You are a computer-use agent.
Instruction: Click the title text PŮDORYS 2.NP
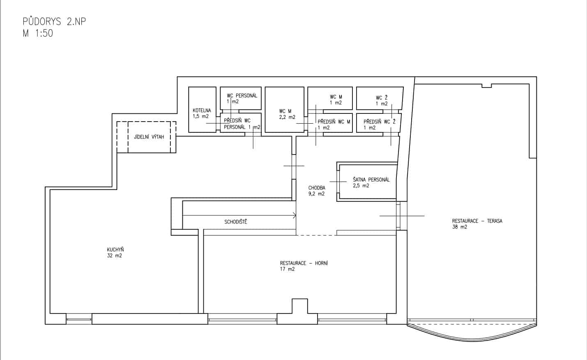click(54, 21)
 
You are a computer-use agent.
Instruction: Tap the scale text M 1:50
click(38, 33)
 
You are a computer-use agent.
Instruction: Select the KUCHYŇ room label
click(115, 249)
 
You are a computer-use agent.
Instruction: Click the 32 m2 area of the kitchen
click(115, 256)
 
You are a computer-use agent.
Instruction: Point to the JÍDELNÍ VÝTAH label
click(149, 136)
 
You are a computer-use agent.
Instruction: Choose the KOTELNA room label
click(202, 111)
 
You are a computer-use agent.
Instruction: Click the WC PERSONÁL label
click(242, 95)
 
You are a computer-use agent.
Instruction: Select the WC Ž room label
click(382, 98)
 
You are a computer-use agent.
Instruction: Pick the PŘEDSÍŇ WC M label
click(334, 122)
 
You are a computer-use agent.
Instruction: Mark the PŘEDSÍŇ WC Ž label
click(380, 122)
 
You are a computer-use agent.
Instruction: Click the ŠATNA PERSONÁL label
click(371, 180)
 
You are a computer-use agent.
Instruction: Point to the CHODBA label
click(317, 188)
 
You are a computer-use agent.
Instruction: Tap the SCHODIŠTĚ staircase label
click(236, 222)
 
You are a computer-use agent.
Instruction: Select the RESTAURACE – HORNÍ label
click(304, 263)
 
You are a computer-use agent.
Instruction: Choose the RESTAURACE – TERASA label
click(477, 221)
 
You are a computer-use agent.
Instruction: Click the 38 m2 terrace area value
click(460, 227)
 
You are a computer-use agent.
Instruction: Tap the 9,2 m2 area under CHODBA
click(316, 194)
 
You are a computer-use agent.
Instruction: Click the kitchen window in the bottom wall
click(79, 319)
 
